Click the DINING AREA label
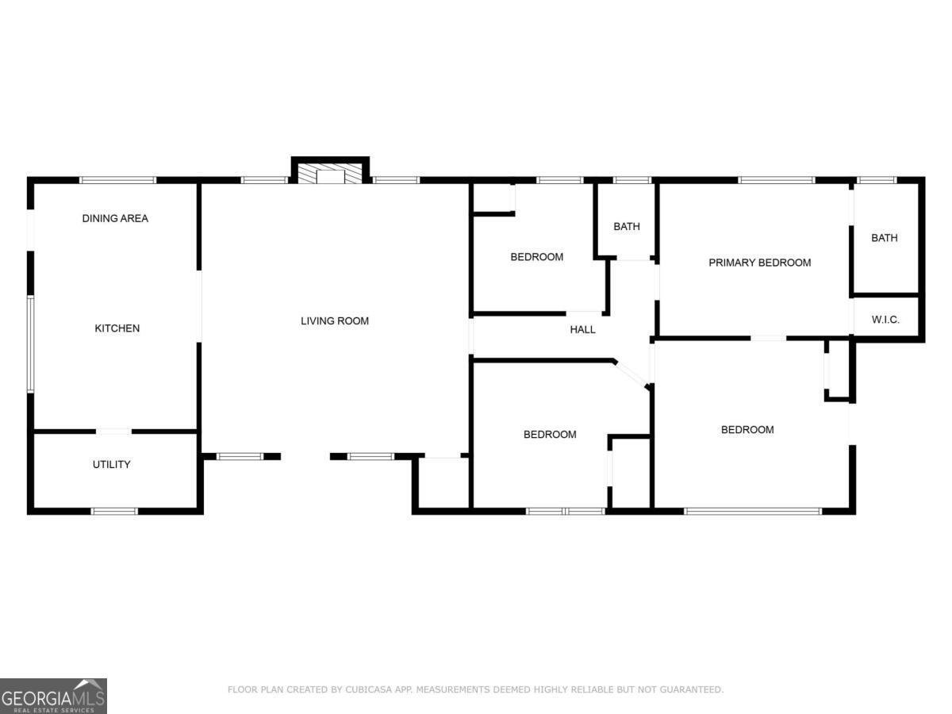click(x=115, y=218)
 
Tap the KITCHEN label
click(x=117, y=328)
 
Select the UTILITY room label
click(x=111, y=465)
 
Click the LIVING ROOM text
click(x=335, y=321)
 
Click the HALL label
click(x=583, y=330)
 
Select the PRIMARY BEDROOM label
click(x=759, y=263)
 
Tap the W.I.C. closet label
click(x=885, y=320)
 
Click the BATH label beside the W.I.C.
click(x=885, y=238)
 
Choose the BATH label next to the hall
click(x=626, y=227)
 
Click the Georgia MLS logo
click(x=53, y=696)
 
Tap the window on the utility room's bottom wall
click(x=115, y=511)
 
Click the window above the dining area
click(x=118, y=180)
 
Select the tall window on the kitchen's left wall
click(x=31, y=344)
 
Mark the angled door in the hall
click(x=631, y=374)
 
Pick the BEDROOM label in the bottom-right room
click(x=747, y=430)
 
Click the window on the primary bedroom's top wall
click(x=776, y=180)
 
